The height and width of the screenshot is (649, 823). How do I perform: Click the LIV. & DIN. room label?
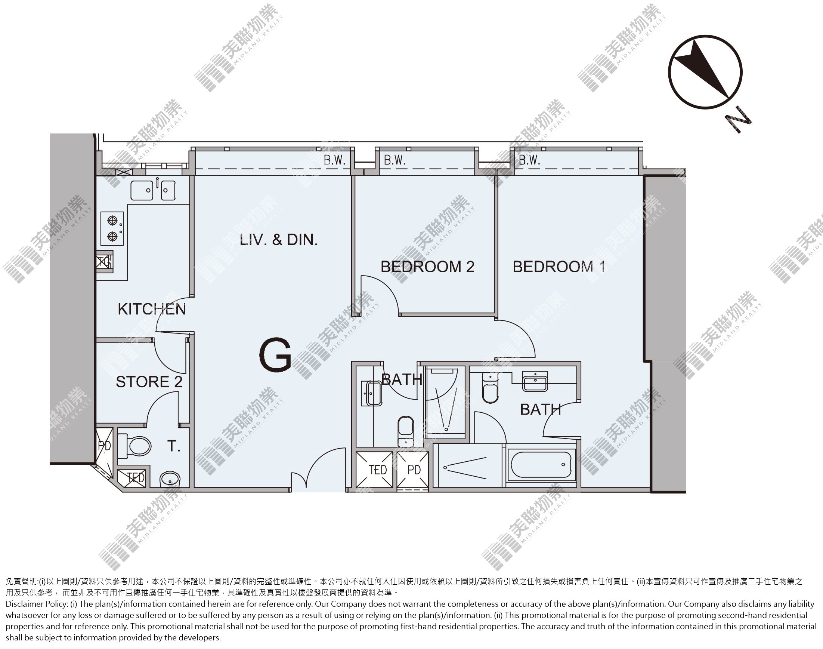point(279,240)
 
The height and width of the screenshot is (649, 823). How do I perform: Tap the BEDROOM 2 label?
point(427,267)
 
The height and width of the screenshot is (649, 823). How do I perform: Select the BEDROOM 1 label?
point(559,267)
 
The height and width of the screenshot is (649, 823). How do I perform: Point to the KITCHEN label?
point(152,309)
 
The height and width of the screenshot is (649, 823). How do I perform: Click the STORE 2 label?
point(149,382)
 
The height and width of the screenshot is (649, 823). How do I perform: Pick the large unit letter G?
point(275,355)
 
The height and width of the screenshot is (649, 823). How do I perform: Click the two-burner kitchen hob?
point(112,229)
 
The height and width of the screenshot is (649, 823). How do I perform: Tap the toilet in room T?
point(134,446)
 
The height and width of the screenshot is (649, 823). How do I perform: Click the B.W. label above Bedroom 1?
point(529,160)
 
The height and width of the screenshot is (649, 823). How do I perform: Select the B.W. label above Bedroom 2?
point(395,160)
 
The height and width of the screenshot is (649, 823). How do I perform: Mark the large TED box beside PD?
point(375,470)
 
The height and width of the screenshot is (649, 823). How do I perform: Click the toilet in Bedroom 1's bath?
point(490,388)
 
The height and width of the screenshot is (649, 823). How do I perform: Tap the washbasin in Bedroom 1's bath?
point(535,381)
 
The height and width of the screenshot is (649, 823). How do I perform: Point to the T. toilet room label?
point(174,446)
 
